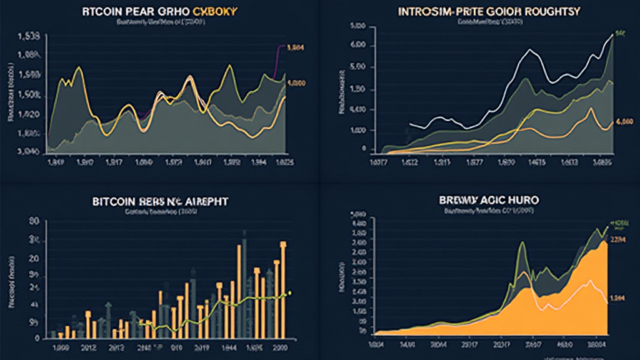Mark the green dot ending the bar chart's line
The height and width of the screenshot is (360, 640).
coord(290,293)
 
